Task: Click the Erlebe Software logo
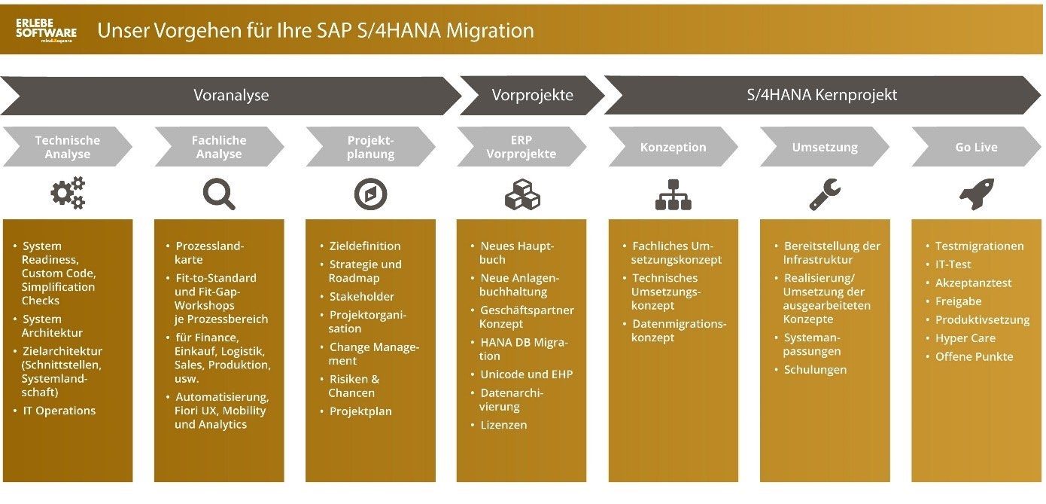tap(46, 30)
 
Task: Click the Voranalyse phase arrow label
tap(231, 95)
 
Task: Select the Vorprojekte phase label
tap(532, 95)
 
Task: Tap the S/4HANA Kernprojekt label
tap(822, 95)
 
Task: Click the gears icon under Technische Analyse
tap(68, 193)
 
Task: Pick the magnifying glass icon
tap(219, 194)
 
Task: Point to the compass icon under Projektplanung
tap(370, 194)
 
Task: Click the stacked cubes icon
tap(522, 194)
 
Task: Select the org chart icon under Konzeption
tap(673, 194)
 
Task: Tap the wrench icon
tap(825, 194)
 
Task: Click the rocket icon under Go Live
tap(977, 194)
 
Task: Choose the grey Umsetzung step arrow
tap(825, 147)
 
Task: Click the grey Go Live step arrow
tap(976, 147)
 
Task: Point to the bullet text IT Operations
tap(59, 411)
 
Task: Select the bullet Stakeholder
tap(361, 296)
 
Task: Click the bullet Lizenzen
tap(503, 425)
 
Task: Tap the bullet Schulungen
tap(815, 370)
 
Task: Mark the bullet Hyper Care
tap(965, 338)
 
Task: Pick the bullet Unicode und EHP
tap(526, 374)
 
